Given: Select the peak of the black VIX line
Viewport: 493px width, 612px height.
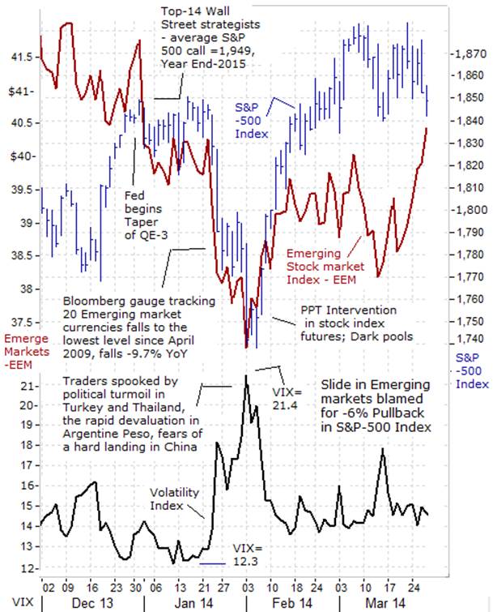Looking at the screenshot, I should pyautogui.click(x=246, y=375).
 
